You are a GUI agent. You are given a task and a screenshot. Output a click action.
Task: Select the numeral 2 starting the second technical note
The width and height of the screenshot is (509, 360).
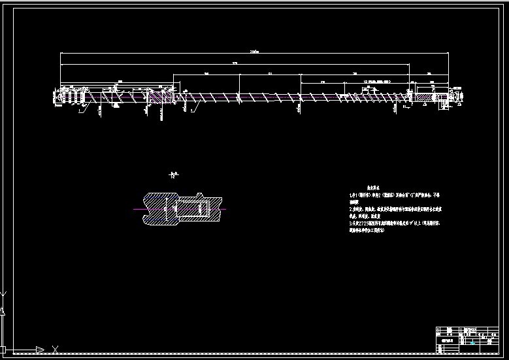(x=352, y=205)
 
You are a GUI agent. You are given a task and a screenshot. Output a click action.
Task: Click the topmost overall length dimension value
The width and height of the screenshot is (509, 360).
(x=254, y=52)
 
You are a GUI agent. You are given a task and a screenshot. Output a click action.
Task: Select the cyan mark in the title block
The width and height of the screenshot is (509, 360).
(x=472, y=344)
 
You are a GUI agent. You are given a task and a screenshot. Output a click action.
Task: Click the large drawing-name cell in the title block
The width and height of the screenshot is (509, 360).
(x=448, y=341)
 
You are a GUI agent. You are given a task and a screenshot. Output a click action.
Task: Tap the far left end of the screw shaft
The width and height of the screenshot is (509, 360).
(x=56, y=97)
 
